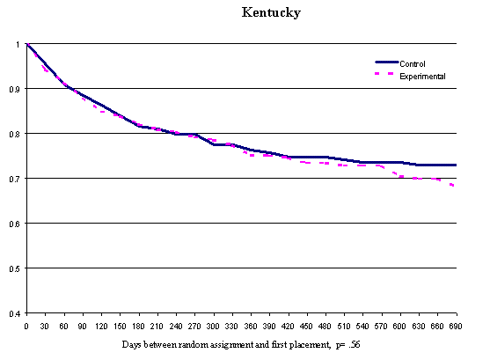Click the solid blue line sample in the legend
[388, 63]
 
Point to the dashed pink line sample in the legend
[388, 75]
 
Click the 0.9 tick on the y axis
[17, 89]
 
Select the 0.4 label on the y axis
[17, 313]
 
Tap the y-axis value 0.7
[17, 179]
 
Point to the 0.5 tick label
[17, 268]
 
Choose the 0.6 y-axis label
[17, 224]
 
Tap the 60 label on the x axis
[64, 326]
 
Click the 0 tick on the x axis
[27, 326]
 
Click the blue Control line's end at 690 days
[455, 165]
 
